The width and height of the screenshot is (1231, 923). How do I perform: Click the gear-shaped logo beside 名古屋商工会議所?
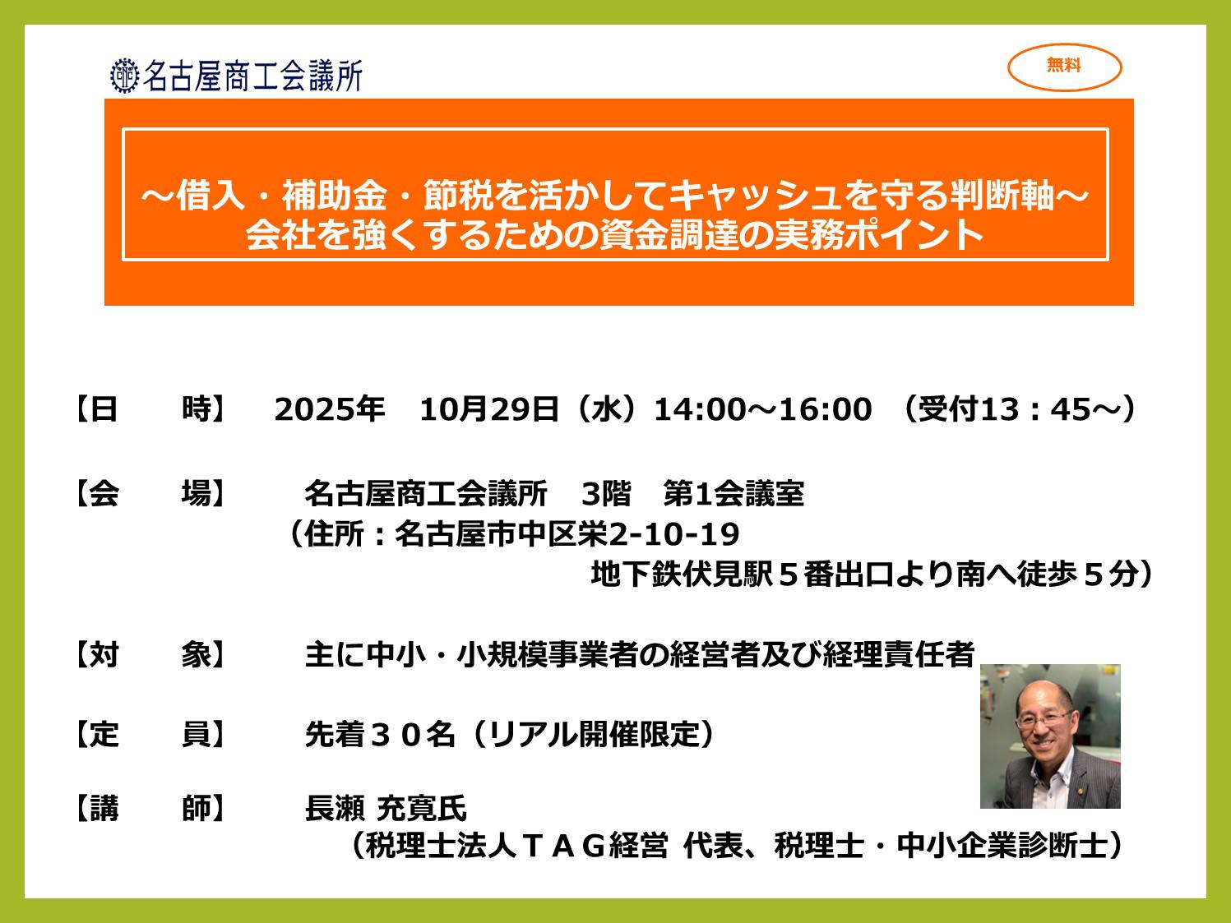pyautogui.click(x=124, y=76)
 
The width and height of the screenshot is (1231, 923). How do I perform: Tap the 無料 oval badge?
pyautogui.click(x=1064, y=67)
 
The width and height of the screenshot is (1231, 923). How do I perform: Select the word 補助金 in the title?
pyautogui.click(x=334, y=196)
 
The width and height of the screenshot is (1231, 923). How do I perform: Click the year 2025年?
pyautogui.click(x=330, y=409)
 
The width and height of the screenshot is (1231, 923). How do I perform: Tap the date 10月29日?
pyautogui.click(x=489, y=409)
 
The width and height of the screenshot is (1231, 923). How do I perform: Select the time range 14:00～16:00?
pyautogui.click(x=763, y=409)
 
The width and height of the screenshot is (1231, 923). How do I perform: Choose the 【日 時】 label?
pyautogui.click(x=150, y=409)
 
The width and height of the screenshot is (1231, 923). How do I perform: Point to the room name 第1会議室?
pyautogui.click(x=734, y=494)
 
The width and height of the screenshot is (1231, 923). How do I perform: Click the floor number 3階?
pyautogui.click(x=606, y=494)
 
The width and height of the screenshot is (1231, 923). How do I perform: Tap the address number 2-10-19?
pyautogui.click(x=673, y=534)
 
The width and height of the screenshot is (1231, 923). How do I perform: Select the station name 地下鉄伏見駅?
pyautogui.click(x=682, y=575)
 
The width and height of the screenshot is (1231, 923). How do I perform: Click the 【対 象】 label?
pyautogui.click(x=150, y=654)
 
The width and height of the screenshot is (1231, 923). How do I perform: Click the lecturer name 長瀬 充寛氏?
pyautogui.click(x=386, y=809)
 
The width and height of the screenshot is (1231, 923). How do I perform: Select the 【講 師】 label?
pyautogui.click(x=150, y=809)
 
